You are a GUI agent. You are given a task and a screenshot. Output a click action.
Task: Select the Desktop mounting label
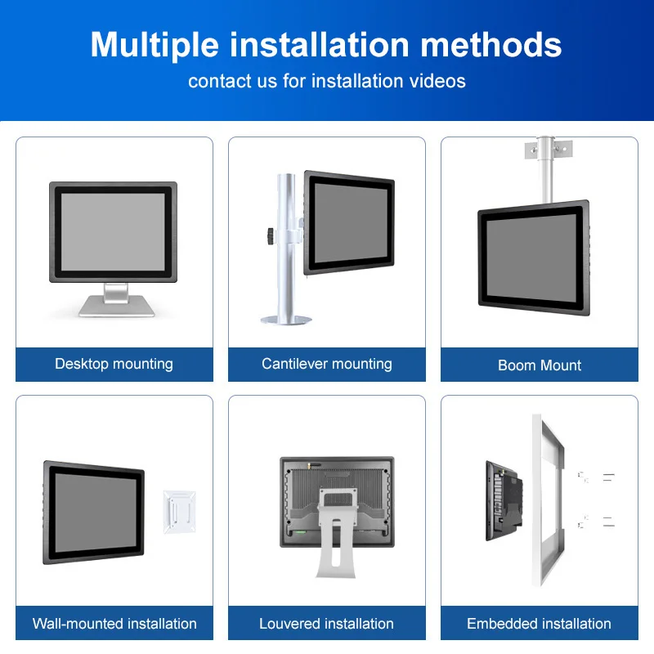[114, 364]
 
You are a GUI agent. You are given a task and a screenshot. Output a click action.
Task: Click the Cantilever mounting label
[326, 364]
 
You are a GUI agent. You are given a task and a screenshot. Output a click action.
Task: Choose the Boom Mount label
[540, 365]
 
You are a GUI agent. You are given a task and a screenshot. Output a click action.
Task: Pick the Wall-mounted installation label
[114, 624]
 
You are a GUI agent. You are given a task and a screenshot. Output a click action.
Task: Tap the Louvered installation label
[326, 624]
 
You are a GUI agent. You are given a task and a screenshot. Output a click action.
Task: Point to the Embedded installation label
[539, 624]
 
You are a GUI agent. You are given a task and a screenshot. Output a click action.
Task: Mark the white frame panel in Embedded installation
[549, 499]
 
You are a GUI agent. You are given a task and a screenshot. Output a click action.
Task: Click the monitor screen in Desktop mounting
[114, 231]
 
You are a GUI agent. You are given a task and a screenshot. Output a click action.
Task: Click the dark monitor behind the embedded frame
[502, 499]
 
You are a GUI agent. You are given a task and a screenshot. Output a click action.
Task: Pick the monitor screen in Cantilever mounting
[349, 223]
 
